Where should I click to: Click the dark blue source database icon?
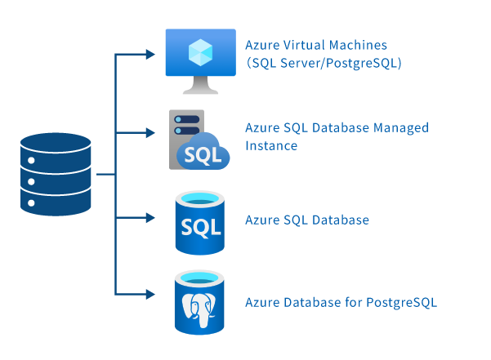56,175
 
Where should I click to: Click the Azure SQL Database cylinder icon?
199,221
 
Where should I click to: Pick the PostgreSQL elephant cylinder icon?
199,303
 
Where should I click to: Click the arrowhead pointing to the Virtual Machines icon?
150,55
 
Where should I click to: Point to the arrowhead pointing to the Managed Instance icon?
150,131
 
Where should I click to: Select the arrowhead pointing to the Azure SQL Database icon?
150,218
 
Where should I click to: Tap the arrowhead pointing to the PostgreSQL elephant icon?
150,292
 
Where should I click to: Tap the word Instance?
270,146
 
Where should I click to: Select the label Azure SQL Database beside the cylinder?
307,220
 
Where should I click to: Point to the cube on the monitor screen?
199,53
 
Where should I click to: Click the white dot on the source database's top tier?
31,159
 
